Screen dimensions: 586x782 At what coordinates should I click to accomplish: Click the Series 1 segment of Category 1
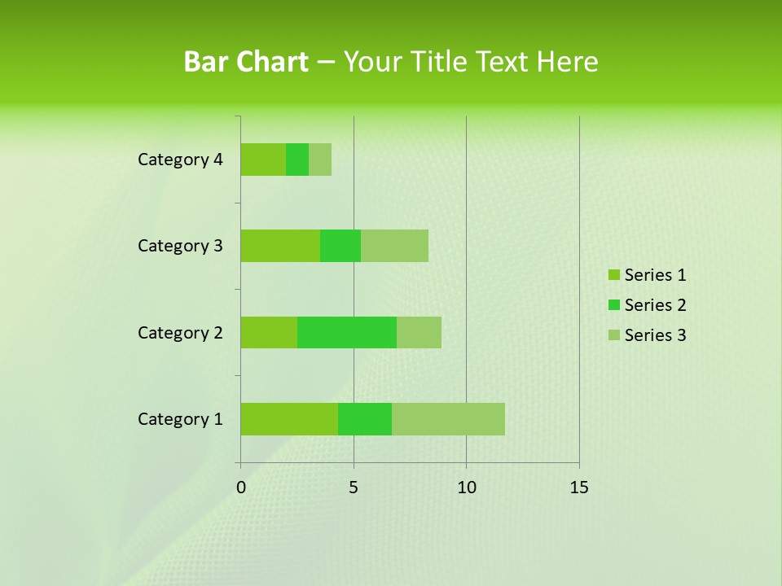289,418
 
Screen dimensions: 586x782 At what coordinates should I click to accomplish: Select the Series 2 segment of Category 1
365,418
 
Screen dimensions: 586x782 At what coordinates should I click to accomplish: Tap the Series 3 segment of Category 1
448,418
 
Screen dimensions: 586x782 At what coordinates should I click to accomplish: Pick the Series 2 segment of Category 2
347,332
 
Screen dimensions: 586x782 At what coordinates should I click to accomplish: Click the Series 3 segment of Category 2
419,332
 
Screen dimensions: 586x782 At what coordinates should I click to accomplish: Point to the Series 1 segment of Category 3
280,245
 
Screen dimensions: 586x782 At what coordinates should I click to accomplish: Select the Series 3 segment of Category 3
394,245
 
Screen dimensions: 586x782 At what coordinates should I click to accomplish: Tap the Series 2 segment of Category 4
297,159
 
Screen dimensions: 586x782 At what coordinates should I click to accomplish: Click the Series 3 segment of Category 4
320,159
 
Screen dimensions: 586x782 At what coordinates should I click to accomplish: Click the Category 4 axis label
180,160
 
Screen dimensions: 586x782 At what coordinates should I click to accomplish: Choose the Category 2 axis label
180,333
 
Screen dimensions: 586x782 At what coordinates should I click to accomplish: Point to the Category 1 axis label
180,419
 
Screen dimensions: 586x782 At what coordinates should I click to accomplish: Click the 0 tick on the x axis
241,488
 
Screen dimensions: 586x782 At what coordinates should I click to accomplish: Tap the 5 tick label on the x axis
354,488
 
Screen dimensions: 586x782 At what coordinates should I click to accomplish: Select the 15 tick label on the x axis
579,488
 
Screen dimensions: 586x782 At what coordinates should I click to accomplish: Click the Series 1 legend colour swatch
613,275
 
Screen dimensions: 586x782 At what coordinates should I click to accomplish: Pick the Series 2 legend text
655,305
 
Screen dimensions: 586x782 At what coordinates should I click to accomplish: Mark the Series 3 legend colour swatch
613,335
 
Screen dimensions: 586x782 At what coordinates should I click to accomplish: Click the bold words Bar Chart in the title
246,62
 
